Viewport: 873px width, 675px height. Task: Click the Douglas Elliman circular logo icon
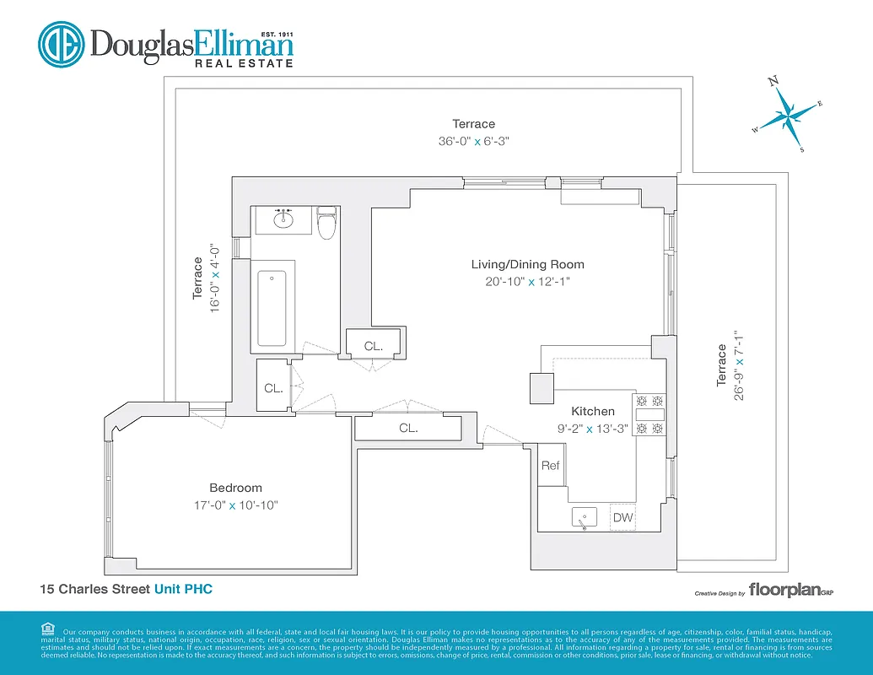[61, 45]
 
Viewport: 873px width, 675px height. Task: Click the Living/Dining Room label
[527, 265]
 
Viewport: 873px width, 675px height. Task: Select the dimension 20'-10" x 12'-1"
[527, 282]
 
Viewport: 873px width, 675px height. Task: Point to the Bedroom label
[235, 488]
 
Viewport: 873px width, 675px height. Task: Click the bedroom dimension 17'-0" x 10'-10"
[235, 505]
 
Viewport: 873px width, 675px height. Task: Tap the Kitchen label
[593, 411]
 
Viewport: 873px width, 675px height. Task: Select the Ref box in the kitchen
[550, 466]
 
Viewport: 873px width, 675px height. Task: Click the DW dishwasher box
[622, 517]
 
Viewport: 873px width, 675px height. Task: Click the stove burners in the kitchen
[649, 415]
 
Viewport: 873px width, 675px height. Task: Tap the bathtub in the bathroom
[272, 308]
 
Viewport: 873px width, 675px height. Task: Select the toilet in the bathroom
[326, 224]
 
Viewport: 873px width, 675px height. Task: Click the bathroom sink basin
[283, 221]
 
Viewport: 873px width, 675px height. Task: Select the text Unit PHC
[183, 589]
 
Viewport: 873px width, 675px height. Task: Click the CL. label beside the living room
[373, 346]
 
